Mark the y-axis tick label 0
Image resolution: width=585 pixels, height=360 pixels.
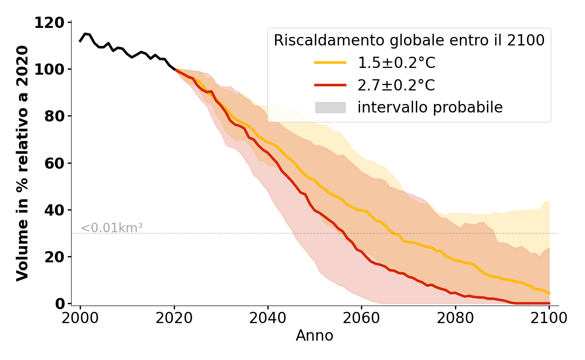[x=59, y=304]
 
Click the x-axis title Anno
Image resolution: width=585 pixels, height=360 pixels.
[x=315, y=336]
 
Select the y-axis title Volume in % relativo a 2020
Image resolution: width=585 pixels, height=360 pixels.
[x=22, y=163]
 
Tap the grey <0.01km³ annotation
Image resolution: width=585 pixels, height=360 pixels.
[x=111, y=228]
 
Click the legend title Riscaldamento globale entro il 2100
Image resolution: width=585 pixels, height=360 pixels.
[x=409, y=40]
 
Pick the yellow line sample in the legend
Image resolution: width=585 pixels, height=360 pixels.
[x=330, y=63]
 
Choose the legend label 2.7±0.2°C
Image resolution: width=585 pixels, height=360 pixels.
[x=396, y=85]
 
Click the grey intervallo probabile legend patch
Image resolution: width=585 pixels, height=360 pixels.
[x=330, y=107]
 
